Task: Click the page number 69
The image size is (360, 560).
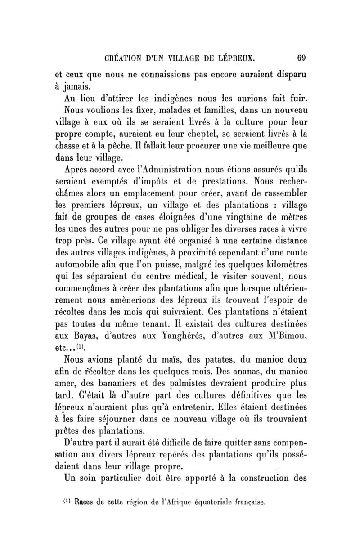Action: click(301, 58)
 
